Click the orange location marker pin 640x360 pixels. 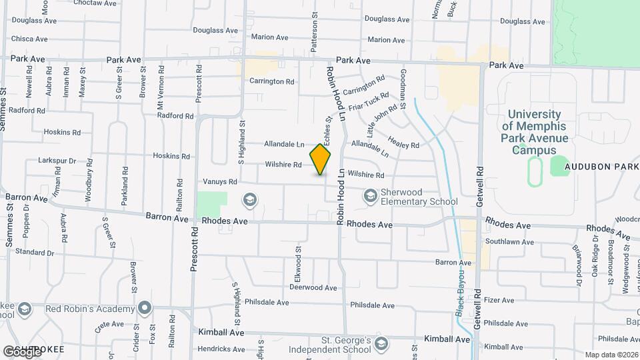[321, 159]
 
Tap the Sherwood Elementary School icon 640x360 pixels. [369, 196]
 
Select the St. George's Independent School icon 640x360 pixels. [381, 343]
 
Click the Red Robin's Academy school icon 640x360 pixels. [144, 309]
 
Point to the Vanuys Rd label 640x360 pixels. [221, 181]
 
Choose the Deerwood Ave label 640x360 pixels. [313, 287]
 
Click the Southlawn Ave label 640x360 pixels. [509, 242]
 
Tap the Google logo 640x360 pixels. [22, 351]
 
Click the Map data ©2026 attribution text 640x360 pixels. [611, 355]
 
